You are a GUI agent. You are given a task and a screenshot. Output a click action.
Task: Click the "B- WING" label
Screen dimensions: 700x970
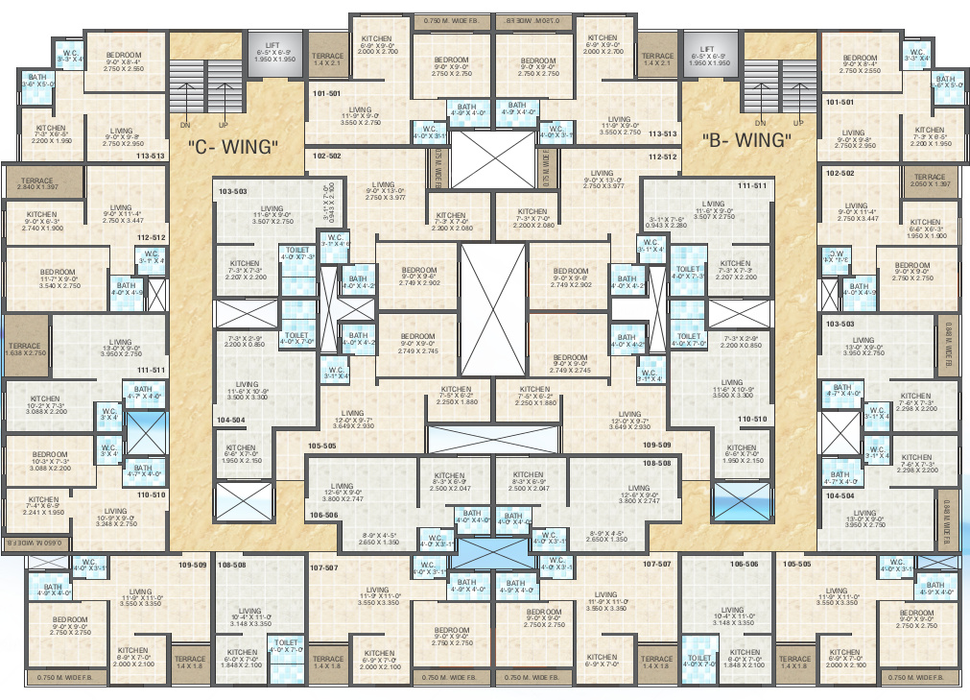click(747, 140)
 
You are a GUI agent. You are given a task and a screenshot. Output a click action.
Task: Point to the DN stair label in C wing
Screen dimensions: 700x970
click(185, 125)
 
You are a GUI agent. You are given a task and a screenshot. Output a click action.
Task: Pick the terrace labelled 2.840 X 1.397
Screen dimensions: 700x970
click(39, 181)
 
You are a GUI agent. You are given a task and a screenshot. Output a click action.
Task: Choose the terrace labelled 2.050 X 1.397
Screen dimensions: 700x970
click(929, 181)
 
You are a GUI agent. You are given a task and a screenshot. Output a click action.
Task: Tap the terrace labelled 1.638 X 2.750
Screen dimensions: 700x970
click(25, 350)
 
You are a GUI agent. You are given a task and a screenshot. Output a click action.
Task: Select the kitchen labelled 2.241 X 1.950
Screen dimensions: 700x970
click(44, 506)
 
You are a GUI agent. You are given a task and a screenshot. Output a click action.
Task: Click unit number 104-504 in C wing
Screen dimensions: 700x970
click(231, 420)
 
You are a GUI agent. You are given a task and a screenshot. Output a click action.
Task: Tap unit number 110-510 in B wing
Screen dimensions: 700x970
click(753, 420)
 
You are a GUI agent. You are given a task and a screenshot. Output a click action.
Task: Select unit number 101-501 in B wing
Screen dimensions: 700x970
click(840, 102)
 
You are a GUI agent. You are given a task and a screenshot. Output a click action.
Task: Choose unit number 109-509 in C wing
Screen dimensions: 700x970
click(193, 565)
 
